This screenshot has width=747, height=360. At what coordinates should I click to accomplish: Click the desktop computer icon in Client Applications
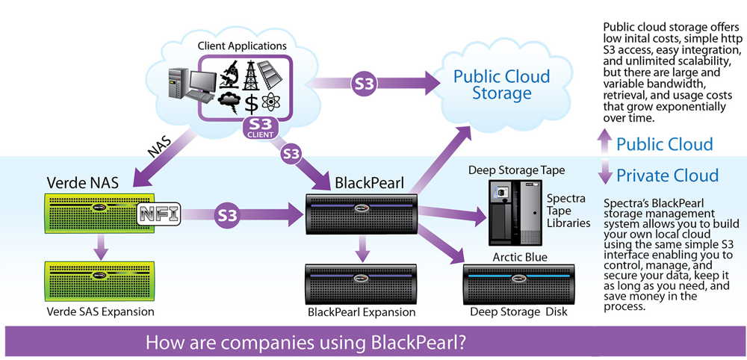tap(186, 84)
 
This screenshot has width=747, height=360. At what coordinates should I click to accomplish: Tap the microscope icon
tap(228, 72)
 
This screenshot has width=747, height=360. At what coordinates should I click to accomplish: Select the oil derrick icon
tap(253, 72)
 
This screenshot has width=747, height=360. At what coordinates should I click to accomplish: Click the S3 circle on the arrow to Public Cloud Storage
tap(364, 83)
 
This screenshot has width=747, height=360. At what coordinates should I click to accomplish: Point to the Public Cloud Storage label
tap(501, 84)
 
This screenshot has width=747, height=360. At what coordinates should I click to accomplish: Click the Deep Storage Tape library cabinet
tap(514, 213)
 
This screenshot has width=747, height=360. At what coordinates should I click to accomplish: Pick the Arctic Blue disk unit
tap(519, 283)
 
